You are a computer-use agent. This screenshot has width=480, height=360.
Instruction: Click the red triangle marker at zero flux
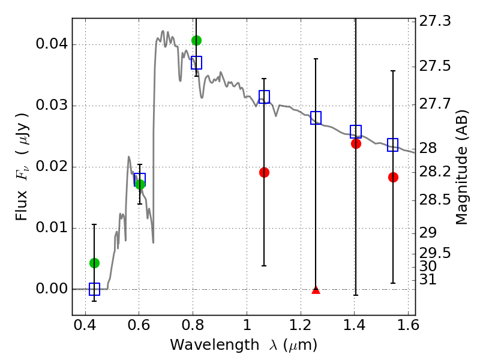tap(316, 290)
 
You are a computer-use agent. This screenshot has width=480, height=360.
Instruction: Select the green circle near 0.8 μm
tap(196, 40)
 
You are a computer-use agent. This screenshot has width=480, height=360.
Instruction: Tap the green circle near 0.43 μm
tap(94, 263)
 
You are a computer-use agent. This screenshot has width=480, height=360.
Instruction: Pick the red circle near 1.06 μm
tap(264, 172)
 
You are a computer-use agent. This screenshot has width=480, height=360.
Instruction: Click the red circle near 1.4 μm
tap(356, 143)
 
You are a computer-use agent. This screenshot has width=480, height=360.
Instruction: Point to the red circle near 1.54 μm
tap(393, 177)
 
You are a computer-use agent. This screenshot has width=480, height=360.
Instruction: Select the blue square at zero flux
tap(94, 289)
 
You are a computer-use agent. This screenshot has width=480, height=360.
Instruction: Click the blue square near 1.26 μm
tap(316, 118)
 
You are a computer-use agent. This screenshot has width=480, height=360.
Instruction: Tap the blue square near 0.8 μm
tap(196, 62)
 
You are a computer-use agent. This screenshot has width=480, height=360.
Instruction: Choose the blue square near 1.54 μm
tap(393, 145)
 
